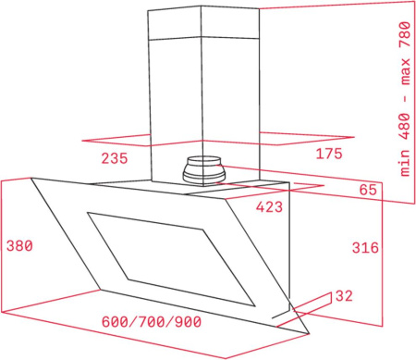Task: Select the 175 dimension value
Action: [x=329, y=153]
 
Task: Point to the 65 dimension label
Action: [x=369, y=191]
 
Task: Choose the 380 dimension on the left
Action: [x=18, y=247]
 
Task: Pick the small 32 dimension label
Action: [x=344, y=296]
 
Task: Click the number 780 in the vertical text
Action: [x=404, y=35]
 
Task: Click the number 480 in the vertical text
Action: [x=404, y=129]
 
